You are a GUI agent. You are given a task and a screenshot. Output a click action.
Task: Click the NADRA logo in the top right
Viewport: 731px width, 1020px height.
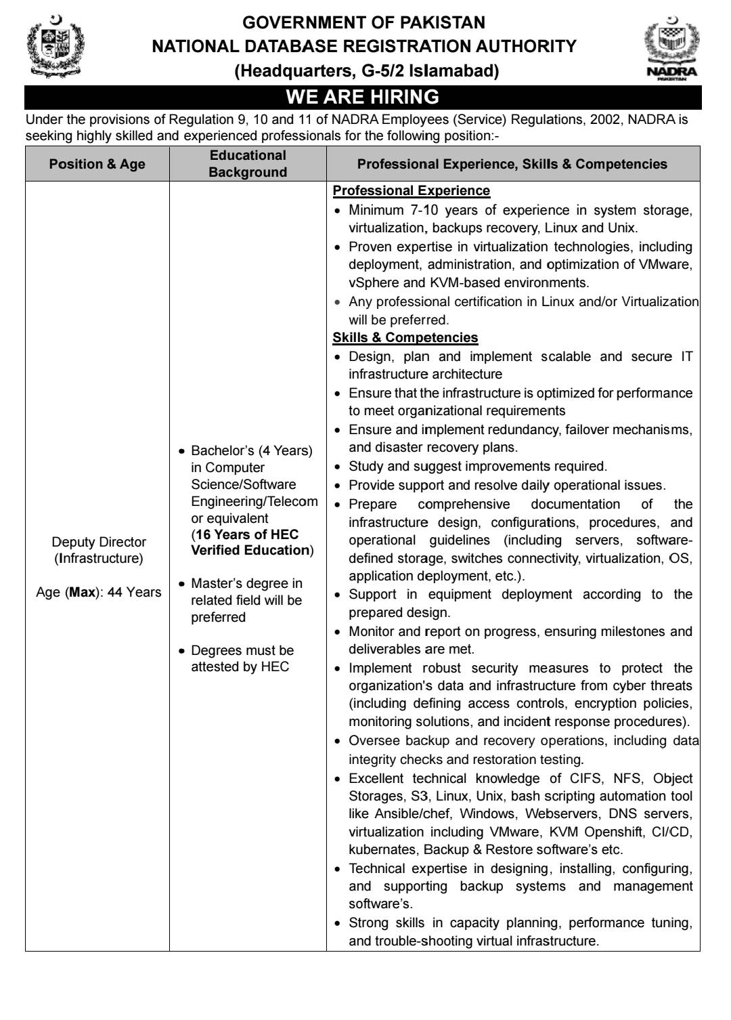[x=671, y=49]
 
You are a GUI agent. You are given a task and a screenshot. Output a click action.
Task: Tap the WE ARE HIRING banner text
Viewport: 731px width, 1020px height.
[x=363, y=97]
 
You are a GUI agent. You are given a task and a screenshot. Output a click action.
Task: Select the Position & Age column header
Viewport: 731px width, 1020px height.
[x=97, y=164]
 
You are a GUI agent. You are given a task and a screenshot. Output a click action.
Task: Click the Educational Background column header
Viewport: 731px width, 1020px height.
[x=248, y=164]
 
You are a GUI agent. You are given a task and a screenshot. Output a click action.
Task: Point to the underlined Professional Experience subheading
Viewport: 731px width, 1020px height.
[x=411, y=191]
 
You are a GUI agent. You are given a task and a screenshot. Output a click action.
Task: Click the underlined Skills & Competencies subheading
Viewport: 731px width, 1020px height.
[x=405, y=337]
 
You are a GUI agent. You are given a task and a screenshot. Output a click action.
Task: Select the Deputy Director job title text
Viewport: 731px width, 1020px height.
[x=99, y=542]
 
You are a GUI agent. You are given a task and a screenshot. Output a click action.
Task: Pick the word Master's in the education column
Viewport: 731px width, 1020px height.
[x=217, y=583]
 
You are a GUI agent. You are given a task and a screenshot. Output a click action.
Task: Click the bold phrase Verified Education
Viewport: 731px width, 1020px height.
[x=250, y=550]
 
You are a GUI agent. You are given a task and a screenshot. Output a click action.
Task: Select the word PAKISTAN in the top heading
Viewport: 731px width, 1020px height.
[x=443, y=22]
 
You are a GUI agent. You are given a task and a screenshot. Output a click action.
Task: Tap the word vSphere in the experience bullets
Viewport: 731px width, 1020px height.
[x=373, y=282]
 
